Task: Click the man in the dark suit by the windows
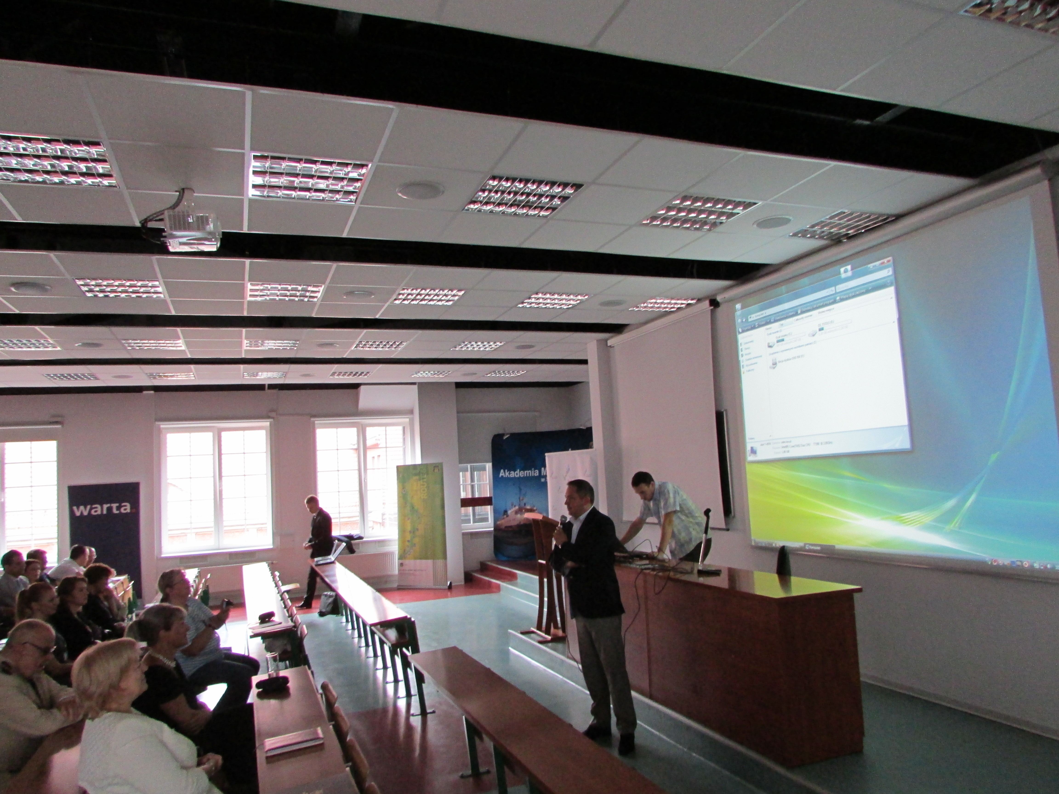[x=318, y=546]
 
